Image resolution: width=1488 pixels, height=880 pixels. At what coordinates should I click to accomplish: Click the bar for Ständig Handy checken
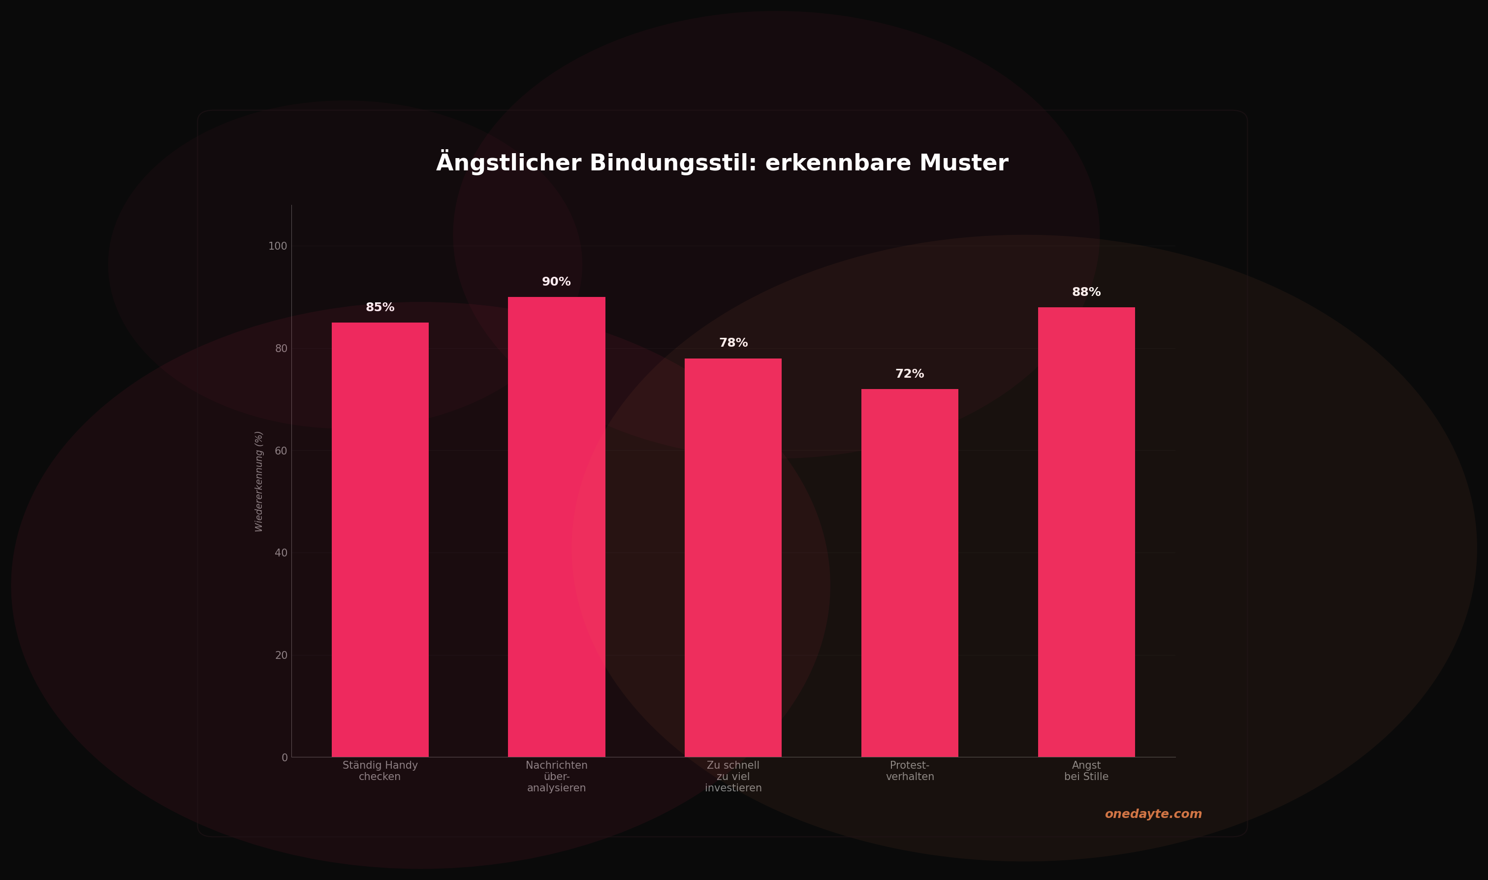pyautogui.click(x=380, y=540)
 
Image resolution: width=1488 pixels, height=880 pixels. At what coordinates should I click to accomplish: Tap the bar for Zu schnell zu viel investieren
pyautogui.click(x=733, y=557)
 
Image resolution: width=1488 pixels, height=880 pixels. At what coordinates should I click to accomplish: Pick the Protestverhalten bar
pyautogui.click(x=910, y=573)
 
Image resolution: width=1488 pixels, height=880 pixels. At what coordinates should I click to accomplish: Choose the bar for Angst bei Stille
pyautogui.click(x=1086, y=532)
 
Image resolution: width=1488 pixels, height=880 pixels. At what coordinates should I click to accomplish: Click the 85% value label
pyautogui.click(x=380, y=307)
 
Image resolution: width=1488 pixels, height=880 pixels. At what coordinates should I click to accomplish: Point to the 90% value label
pyautogui.click(x=556, y=282)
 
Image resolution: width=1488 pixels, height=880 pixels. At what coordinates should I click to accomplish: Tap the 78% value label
pyautogui.click(x=733, y=343)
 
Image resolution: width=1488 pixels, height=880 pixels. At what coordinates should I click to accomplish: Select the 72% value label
pyautogui.click(x=910, y=374)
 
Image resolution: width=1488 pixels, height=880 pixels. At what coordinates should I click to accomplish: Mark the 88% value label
pyautogui.click(x=1086, y=292)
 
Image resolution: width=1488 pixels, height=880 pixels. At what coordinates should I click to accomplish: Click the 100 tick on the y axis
pyautogui.click(x=277, y=246)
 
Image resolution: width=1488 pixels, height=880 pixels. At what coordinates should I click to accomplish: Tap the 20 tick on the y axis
pyautogui.click(x=281, y=655)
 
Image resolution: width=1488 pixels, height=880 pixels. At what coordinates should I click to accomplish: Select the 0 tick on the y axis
pyautogui.click(x=285, y=757)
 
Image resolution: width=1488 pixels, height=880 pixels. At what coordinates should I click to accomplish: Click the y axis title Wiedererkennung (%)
pyautogui.click(x=258, y=482)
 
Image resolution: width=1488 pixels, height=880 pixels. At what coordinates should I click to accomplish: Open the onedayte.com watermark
pyautogui.click(x=1153, y=814)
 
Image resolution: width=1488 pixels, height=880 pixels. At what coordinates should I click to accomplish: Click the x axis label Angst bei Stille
pyautogui.click(x=1086, y=771)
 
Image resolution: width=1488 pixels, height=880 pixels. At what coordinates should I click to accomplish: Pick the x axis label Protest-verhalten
pyautogui.click(x=910, y=771)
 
